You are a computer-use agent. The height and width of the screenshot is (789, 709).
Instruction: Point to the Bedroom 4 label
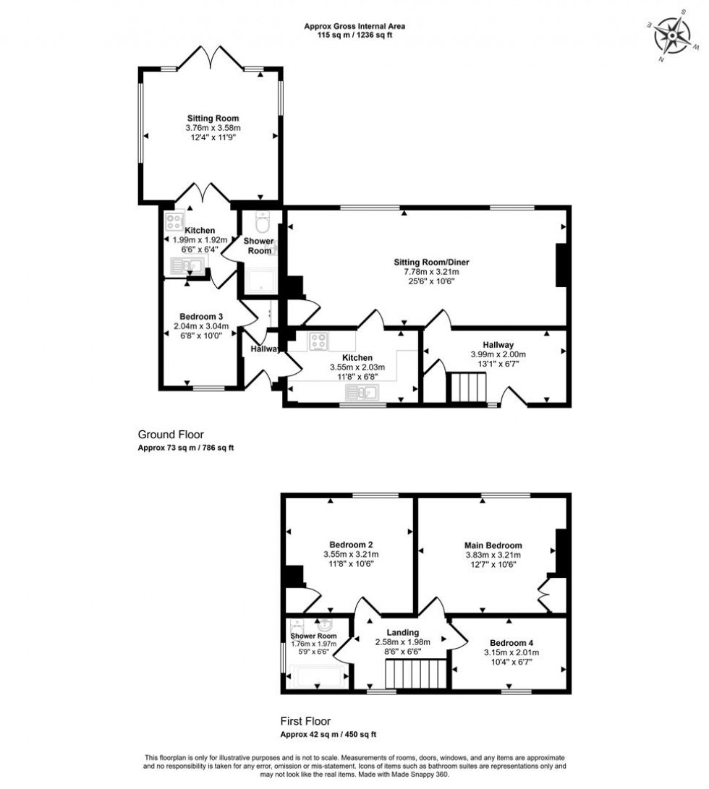(x=511, y=642)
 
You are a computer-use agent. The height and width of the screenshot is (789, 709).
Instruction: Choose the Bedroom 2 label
(x=351, y=545)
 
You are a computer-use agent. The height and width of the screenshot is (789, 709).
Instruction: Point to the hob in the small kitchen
(x=174, y=221)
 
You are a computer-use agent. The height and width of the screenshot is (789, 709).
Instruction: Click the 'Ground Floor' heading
(x=169, y=435)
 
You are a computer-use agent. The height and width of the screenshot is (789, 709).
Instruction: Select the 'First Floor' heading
(x=305, y=721)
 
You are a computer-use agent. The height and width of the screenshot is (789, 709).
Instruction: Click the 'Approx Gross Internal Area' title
(x=354, y=27)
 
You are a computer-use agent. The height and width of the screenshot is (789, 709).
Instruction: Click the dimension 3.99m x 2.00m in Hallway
(x=498, y=354)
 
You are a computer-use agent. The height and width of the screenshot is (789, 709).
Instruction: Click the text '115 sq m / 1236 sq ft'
(x=354, y=35)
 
